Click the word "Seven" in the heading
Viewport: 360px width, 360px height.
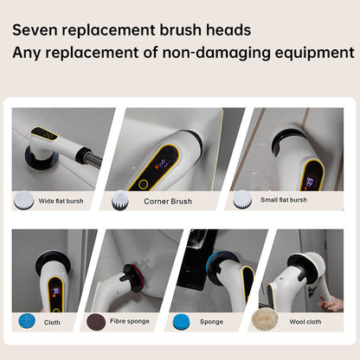point(35,30)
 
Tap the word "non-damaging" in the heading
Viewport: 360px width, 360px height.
point(216,53)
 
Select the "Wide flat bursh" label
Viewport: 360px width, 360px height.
point(61,201)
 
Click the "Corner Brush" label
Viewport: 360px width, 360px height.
point(168,202)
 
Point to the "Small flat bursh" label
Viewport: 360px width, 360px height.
point(284,200)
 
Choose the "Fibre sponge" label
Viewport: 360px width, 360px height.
point(130,321)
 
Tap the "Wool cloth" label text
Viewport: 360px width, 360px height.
point(305,322)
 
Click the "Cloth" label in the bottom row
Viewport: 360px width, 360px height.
point(52,323)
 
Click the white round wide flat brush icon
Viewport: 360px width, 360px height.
point(23,200)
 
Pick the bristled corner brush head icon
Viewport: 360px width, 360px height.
point(120,200)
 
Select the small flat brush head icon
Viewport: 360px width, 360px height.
point(242,199)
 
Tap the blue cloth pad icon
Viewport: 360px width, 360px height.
point(27,321)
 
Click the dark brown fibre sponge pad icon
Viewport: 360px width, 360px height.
point(96,322)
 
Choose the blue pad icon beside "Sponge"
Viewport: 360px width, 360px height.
point(182,322)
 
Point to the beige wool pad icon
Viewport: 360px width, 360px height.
point(265,319)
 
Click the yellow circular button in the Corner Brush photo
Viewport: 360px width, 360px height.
point(143,184)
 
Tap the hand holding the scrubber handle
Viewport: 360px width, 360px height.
point(331,304)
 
